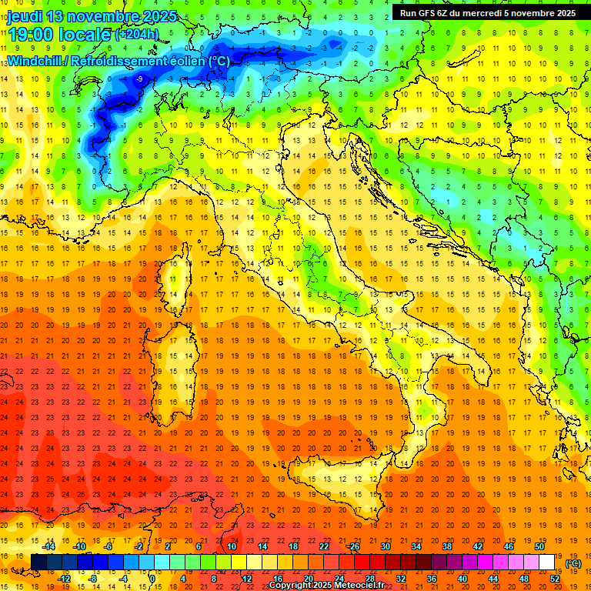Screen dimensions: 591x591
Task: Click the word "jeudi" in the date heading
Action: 25,16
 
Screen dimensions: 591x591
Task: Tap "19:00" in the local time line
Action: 32,34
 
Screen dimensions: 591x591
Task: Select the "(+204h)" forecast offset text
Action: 136,34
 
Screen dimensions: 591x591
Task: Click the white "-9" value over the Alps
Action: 139,78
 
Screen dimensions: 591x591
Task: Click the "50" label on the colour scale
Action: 539,546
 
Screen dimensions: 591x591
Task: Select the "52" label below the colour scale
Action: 555,578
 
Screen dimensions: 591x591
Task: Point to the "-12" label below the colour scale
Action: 64,578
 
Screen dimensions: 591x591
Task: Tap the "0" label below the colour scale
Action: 152,578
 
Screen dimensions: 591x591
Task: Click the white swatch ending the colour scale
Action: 546,562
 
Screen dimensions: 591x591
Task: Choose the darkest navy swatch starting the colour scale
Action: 38,562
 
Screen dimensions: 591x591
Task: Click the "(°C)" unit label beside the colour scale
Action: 573,563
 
